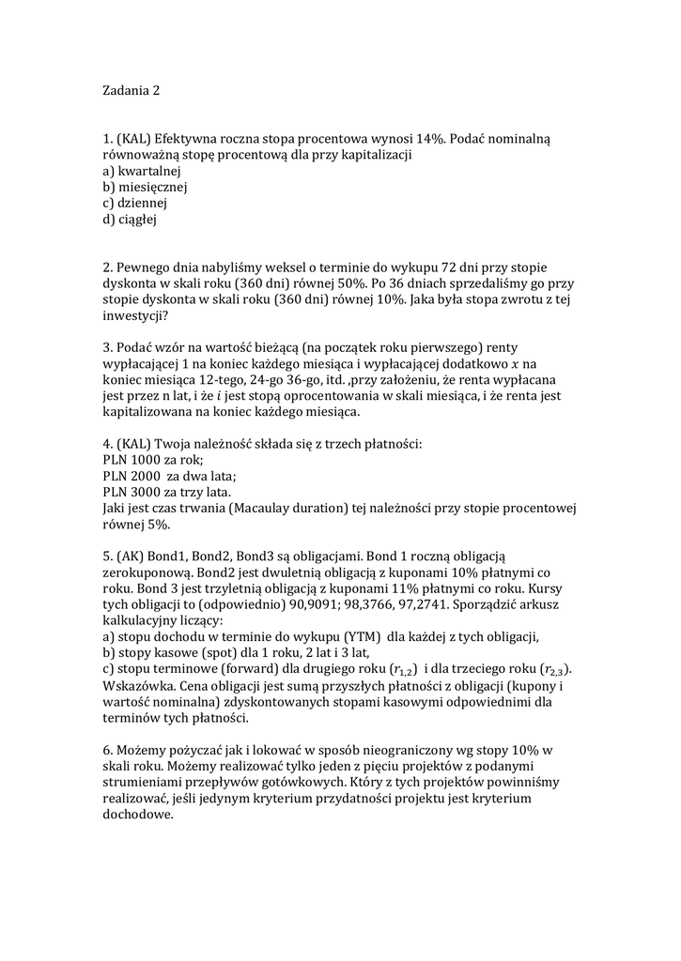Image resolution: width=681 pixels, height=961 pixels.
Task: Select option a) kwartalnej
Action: [141, 171]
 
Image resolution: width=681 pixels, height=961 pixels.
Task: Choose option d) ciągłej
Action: [130, 220]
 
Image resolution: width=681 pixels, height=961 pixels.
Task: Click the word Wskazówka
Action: [138, 686]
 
